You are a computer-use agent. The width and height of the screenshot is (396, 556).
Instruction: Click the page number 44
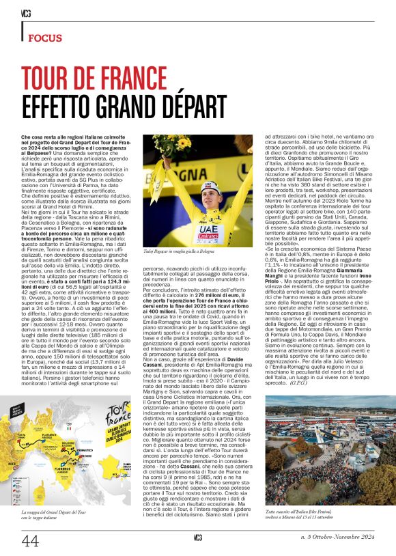tap(30, 540)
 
